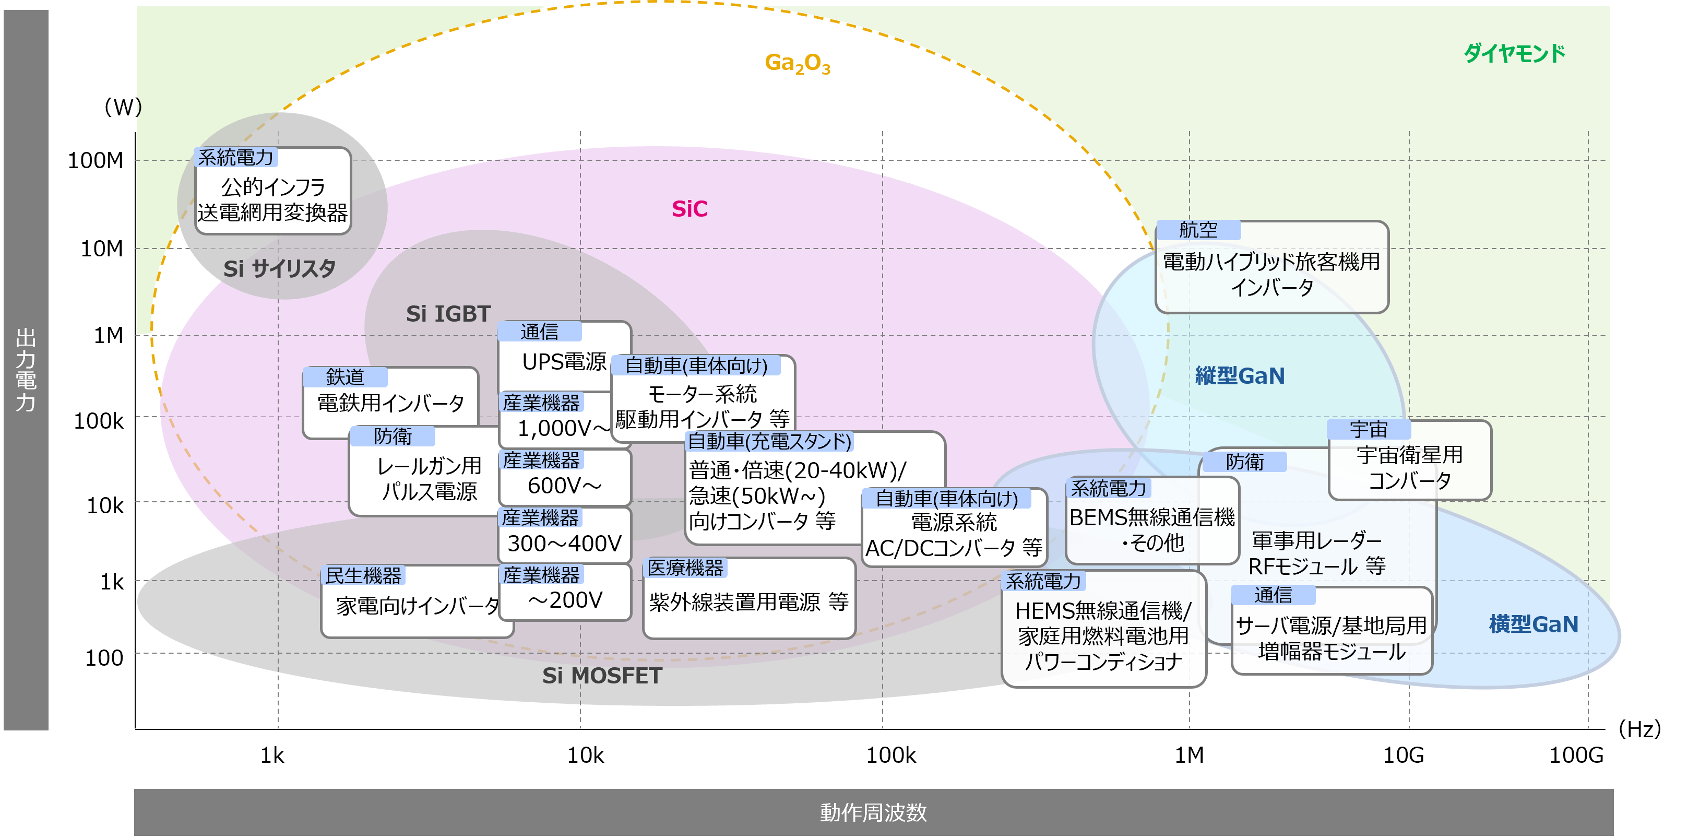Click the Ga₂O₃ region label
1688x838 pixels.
click(797, 63)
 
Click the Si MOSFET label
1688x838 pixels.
click(601, 676)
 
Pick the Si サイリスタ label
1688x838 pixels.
click(279, 268)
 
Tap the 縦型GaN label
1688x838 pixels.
click(1239, 376)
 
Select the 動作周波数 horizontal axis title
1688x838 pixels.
click(873, 812)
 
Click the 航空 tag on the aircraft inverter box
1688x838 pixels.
click(1198, 230)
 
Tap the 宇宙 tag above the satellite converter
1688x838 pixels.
click(1368, 430)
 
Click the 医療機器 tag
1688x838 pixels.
click(685, 568)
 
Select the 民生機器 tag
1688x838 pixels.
click(363, 576)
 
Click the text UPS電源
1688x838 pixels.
click(564, 362)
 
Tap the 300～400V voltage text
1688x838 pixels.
click(564, 544)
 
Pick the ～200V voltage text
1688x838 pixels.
click(564, 600)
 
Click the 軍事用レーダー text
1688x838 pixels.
click(1316, 540)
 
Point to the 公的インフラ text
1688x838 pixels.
click(272, 187)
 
